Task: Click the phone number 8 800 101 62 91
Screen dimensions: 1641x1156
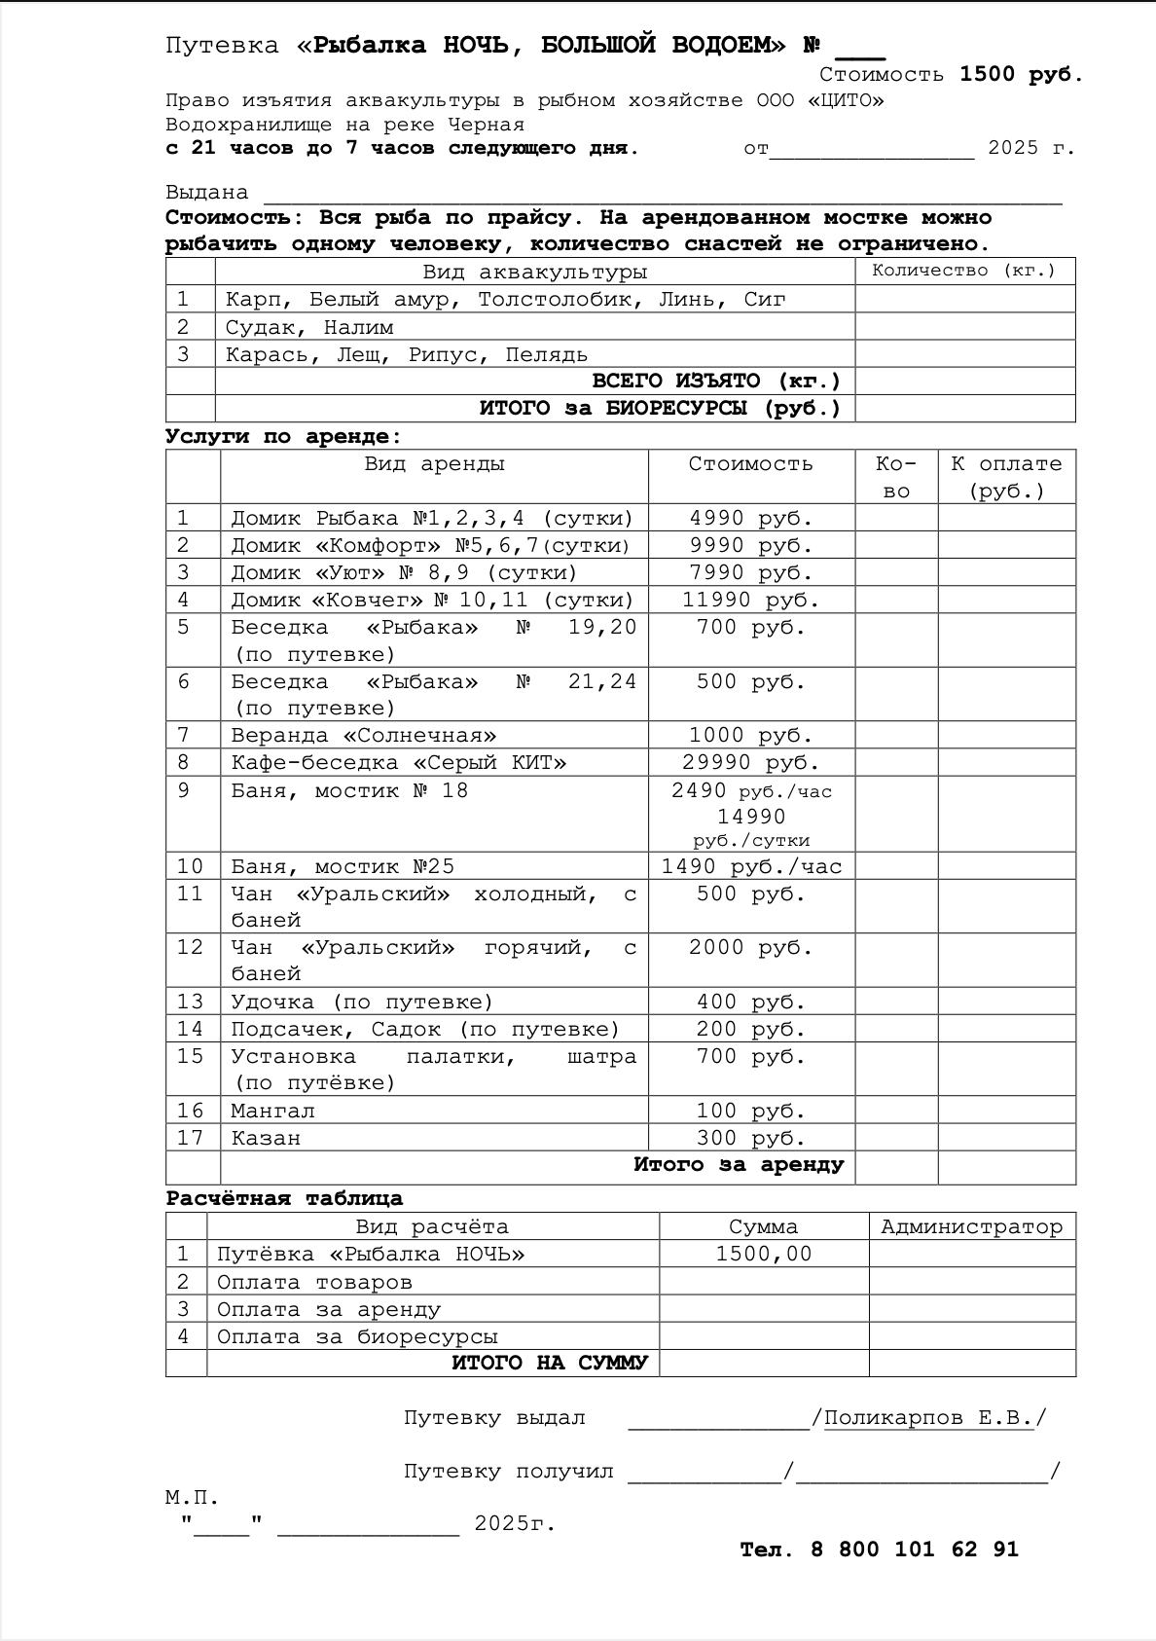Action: pyautogui.click(x=914, y=1550)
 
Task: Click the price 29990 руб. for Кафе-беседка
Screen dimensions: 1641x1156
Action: pyautogui.click(x=750, y=762)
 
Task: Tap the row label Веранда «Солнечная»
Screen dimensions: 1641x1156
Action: pyautogui.click(x=363, y=735)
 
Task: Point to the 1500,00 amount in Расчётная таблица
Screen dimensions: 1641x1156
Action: pyautogui.click(x=763, y=1254)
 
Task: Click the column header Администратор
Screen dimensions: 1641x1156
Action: pyautogui.click(x=971, y=1226)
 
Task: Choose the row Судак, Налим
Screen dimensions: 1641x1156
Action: pyautogui.click(x=309, y=327)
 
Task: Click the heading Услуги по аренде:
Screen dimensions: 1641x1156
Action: pyautogui.click(x=283, y=436)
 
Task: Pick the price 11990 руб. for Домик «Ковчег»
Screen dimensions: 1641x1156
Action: pyautogui.click(x=750, y=600)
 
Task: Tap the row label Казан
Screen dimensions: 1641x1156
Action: pyautogui.click(x=266, y=1138)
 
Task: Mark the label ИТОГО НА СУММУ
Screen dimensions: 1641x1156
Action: pyautogui.click(x=549, y=1363)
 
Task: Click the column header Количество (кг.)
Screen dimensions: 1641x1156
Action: pyautogui.click(x=963, y=271)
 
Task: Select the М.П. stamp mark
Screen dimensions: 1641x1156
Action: pyautogui.click(x=192, y=1497)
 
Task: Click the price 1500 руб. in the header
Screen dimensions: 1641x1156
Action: pyautogui.click(x=1021, y=74)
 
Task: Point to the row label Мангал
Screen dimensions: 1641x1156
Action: pyautogui.click(x=272, y=1111)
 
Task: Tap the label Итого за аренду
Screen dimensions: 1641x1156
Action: pyautogui.click(x=739, y=1165)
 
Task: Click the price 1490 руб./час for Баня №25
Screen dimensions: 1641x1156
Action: pyautogui.click(x=751, y=866)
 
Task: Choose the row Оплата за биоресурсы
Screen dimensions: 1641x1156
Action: pyautogui.click(x=357, y=1336)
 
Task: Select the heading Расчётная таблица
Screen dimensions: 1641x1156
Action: pyautogui.click(x=284, y=1198)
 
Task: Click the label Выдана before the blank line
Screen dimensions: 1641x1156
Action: pyautogui.click(x=206, y=193)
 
